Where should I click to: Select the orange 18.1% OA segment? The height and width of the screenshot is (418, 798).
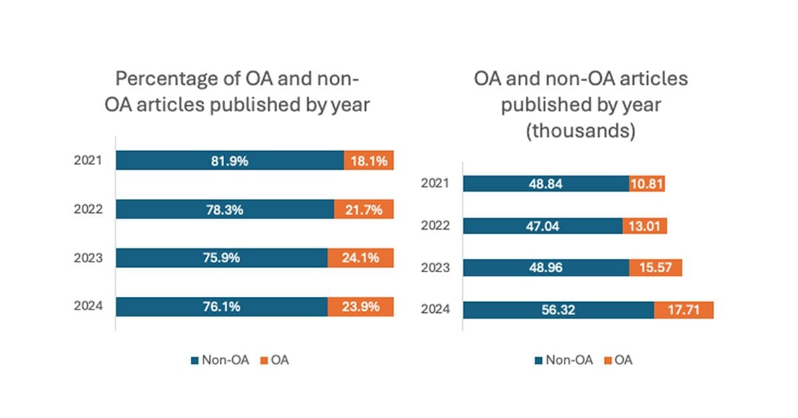click(368, 160)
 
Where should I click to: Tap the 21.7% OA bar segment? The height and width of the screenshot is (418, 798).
click(364, 209)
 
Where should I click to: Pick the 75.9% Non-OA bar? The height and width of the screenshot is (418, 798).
click(221, 258)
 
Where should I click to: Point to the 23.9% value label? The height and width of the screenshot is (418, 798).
click(360, 307)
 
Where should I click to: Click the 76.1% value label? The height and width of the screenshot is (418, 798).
click(221, 307)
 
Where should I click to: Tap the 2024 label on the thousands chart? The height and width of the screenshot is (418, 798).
click(436, 310)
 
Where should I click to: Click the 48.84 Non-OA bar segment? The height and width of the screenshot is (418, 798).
click(545, 184)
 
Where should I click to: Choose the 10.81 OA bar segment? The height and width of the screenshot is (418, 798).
click(647, 184)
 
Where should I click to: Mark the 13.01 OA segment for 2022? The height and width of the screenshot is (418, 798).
click(644, 226)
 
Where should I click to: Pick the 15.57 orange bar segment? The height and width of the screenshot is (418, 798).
click(656, 268)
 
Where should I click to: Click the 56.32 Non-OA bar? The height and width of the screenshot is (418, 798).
click(558, 310)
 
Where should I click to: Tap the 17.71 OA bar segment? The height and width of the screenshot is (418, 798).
click(684, 310)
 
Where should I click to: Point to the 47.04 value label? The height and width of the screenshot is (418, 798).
click(543, 226)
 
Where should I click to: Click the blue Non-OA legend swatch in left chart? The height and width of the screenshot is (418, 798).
click(195, 361)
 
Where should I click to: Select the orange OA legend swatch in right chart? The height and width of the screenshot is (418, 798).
click(606, 361)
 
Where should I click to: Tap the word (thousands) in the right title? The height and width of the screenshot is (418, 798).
click(581, 131)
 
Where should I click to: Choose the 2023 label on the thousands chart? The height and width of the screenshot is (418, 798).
click(436, 268)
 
